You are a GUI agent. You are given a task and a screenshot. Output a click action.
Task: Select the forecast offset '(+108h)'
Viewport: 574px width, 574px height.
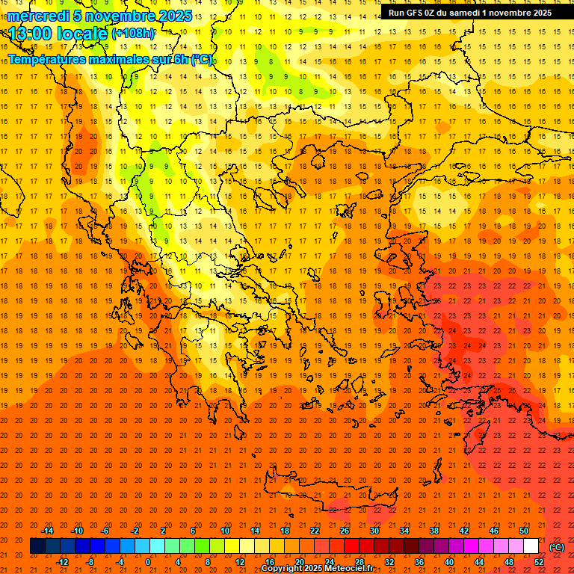[133, 34]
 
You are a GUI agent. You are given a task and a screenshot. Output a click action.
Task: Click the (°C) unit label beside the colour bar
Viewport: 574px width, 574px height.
[557, 547]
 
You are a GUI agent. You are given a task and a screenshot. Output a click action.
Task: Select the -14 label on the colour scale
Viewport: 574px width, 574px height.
[47, 531]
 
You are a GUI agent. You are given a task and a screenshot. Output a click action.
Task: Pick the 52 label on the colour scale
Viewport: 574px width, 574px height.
[539, 562]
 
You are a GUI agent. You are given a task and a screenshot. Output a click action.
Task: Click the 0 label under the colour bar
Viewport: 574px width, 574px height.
[148, 562]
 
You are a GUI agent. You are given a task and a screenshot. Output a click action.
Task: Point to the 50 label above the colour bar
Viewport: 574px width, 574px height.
[523, 531]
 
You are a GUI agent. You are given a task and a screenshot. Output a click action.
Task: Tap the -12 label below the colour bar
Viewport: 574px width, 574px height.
[62, 562]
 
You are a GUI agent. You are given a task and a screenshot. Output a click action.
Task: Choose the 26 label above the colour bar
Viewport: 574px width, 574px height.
[344, 531]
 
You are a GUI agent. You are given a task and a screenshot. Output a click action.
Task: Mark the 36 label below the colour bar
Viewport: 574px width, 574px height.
[419, 562]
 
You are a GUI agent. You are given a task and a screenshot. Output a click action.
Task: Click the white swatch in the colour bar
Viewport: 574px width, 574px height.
[531, 546]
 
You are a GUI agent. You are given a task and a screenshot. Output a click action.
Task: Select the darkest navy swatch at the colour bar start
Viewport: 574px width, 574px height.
[37, 546]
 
